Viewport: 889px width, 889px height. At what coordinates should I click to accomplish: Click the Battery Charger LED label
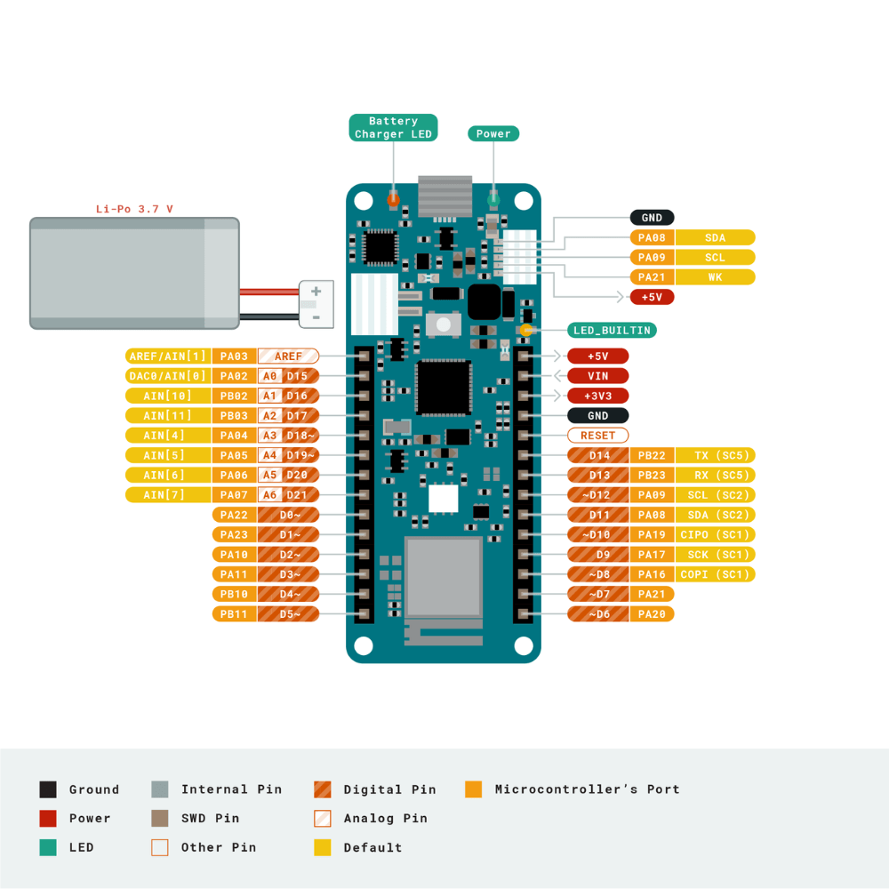[393, 127]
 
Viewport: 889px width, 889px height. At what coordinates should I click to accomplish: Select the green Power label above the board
[493, 133]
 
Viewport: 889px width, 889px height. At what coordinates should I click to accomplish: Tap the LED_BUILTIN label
[612, 330]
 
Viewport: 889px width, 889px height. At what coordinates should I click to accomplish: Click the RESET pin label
[597, 436]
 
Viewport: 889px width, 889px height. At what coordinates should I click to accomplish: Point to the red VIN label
[597, 376]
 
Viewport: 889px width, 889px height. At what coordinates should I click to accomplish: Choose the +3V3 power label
[597, 396]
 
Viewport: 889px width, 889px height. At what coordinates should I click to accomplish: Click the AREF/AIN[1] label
[168, 356]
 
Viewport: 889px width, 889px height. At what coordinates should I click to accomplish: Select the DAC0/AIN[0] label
[168, 376]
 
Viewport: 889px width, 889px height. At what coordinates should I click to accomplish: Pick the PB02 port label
[234, 396]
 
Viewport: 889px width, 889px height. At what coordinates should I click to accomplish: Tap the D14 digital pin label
[599, 455]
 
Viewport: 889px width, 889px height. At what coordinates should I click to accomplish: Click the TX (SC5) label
[715, 455]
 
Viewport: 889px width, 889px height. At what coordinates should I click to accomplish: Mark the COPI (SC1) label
[715, 574]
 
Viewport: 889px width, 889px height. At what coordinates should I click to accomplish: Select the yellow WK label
[715, 277]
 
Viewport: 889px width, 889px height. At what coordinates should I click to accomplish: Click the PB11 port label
[234, 614]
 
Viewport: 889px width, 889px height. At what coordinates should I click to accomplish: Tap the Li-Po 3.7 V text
[134, 209]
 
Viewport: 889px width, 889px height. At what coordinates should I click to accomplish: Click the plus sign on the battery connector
[316, 292]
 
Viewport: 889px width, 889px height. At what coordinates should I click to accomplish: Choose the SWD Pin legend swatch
[160, 818]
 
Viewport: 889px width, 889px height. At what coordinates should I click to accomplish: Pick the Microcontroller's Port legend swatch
[474, 789]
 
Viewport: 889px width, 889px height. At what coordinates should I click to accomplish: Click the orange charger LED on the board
[393, 199]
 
